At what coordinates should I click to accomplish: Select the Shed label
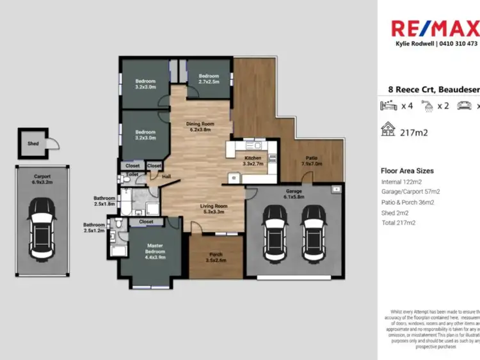click(33, 144)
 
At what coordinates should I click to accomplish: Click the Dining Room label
click(200, 127)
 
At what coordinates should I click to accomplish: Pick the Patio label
click(312, 160)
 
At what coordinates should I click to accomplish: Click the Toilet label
click(132, 174)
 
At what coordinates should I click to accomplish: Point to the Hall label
click(166, 176)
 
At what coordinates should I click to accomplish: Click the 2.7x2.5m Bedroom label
click(209, 79)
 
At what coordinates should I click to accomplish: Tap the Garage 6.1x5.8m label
click(294, 194)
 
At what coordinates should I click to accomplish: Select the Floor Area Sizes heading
click(407, 171)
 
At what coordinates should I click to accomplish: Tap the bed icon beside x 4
click(388, 106)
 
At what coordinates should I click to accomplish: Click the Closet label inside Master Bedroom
click(146, 222)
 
